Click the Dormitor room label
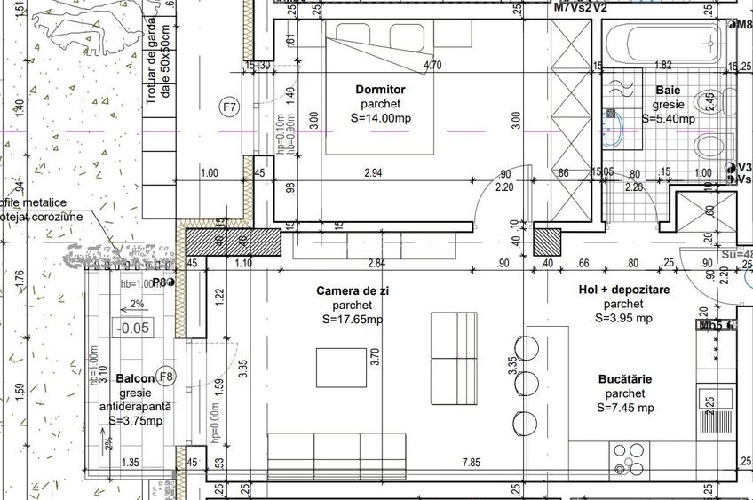[x=380, y=90]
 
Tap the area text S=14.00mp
[x=380, y=118]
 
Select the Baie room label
[x=669, y=90]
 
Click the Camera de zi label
[x=353, y=290]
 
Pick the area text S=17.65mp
[x=353, y=320]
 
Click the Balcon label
[x=135, y=378]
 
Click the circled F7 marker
[x=230, y=107]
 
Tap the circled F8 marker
[x=166, y=376]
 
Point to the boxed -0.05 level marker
[x=132, y=327]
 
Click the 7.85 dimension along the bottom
[x=471, y=462]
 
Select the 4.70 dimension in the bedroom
[x=433, y=66]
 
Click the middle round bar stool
[x=527, y=384]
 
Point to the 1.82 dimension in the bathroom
[x=662, y=66]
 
